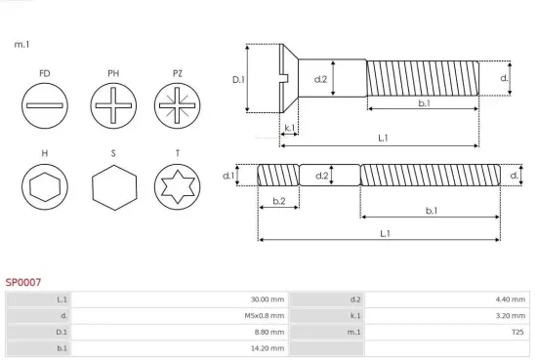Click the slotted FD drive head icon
coord(45,103)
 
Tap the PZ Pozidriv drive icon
coord(177,103)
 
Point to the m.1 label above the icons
coord(21,45)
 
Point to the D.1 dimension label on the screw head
coord(237,79)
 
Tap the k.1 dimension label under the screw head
coord(289,128)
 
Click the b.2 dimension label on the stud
coord(278,201)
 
